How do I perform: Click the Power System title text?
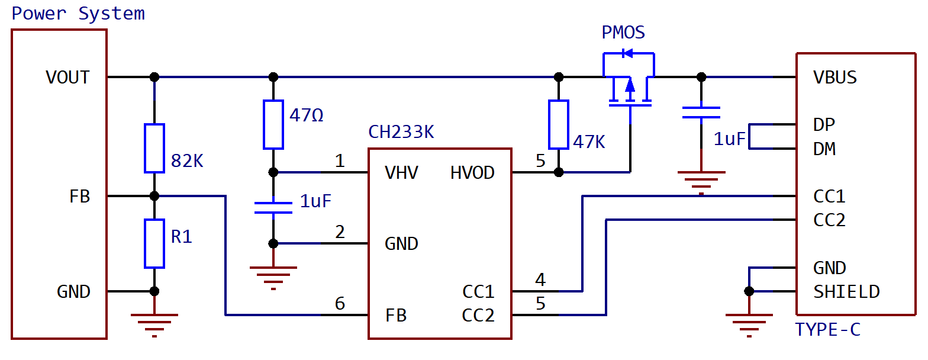(x=78, y=14)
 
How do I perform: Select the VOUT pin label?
(x=67, y=78)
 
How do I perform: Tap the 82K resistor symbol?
(x=154, y=148)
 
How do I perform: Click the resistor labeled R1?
(x=154, y=243)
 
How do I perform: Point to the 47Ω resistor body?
(x=273, y=124)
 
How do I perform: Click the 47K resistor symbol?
(x=559, y=124)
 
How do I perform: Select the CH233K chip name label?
(x=401, y=132)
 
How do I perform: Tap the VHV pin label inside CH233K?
(x=401, y=173)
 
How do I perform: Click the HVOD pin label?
(x=472, y=173)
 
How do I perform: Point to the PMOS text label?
(x=623, y=33)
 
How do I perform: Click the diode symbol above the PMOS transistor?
(x=628, y=53)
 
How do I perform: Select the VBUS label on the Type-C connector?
(x=834, y=78)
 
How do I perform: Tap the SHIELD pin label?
(x=846, y=292)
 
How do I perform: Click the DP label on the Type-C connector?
(x=824, y=125)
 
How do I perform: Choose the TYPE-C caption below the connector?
(x=828, y=330)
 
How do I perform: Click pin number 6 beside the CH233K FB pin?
(x=340, y=304)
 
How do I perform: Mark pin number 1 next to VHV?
(x=340, y=160)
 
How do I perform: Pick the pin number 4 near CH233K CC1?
(x=540, y=279)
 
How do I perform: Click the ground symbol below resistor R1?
(x=154, y=326)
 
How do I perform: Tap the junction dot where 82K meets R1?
(x=154, y=196)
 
